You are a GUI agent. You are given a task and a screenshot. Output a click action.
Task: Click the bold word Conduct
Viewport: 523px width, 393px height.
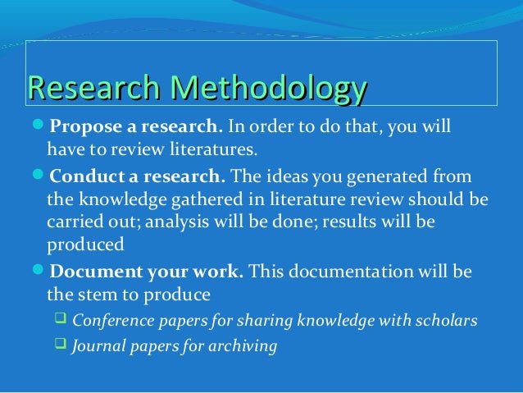(81, 177)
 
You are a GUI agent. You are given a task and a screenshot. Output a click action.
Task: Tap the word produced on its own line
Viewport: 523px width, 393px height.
(85, 245)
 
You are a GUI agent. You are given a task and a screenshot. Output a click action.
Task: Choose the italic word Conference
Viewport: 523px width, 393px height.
(111, 321)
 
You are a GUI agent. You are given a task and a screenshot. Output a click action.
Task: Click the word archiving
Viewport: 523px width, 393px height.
(245, 346)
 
